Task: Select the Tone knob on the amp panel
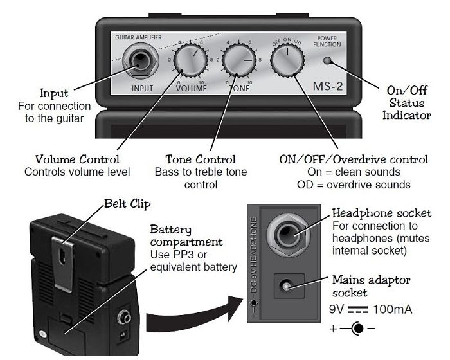(238, 62)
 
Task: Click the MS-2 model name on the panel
(327, 85)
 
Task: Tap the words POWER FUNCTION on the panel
(327, 42)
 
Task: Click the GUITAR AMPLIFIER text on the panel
(138, 37)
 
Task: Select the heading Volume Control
(77, 159)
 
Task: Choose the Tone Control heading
(201, 159)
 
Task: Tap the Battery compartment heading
(186, 236)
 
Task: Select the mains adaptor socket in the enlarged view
(287, 285)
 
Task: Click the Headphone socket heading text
(381, 213)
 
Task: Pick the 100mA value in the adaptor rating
(393, 310)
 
